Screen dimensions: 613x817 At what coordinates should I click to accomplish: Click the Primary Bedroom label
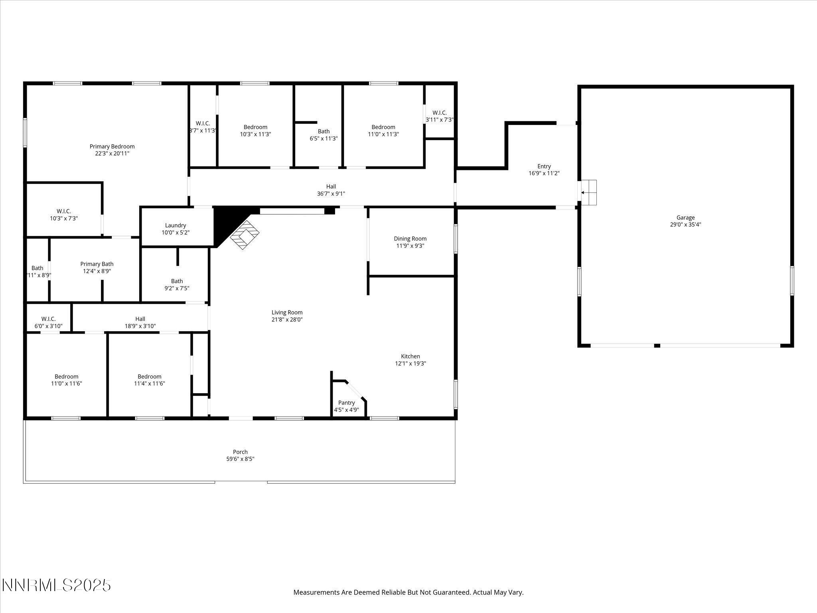(x=112, y=146)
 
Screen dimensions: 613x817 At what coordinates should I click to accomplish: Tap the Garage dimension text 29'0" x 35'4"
(x=685, y=225)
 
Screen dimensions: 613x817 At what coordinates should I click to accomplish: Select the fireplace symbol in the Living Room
(x=244, y=235)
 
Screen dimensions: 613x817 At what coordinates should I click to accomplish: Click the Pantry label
(x=346, y=403)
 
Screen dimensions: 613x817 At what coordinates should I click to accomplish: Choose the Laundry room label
(x=176, y=225)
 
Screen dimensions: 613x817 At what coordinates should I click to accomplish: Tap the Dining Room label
(x=410, y=239)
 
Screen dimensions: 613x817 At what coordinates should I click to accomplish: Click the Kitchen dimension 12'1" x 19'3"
(x=410, y=364)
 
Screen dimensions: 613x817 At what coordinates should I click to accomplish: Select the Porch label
(x=240, y=452)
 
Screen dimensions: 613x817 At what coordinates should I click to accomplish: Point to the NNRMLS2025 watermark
(x=56, y=585)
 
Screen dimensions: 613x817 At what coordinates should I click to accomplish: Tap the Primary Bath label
(x=97, y=264)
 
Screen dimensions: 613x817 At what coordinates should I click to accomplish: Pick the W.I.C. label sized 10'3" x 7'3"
(x=64, y=211)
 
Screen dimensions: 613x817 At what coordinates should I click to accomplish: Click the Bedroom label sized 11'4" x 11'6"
(x=150, y=376)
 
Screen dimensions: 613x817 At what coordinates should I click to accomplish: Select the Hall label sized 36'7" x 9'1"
(x=331, y=186)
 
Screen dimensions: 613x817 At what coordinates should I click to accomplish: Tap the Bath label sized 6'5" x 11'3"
(x=324, y=131)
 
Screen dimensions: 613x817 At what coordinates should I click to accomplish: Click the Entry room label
(x=544, y=166)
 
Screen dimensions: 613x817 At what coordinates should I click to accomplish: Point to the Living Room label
(x=287, y=312)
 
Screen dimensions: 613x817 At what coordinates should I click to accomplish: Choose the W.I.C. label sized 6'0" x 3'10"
(x=48, y=319)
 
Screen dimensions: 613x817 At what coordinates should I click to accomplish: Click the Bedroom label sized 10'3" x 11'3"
(x=255, y=127)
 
